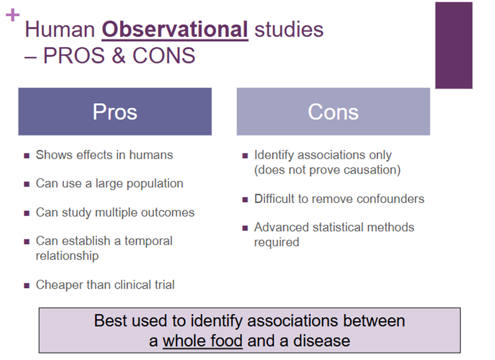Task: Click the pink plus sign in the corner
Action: pyautogui.click(x=13, y=15)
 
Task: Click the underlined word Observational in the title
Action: pyautogui.click(x=175, y=30)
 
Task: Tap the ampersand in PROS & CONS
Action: pyautogui.click(x=118, y=55)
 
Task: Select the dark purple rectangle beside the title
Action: pyautogui.click(x=454, y=45)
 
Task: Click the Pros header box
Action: pyautogui.click(x=115, y=112)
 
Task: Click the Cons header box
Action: pyautogui.click(x=334, y=112)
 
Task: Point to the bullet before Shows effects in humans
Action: pyautogui.click(x=27, y=156)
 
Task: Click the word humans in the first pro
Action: pyautogui.click(x=151, y=155)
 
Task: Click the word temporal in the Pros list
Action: pyautogui.click(x=148, y=242)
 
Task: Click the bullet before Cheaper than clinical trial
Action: pyautogui.click(x=27, y=286)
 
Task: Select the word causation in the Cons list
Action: pyautogui.click(x=372, y=170)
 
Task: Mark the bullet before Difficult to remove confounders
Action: pyautogui.click(x=245, y=200)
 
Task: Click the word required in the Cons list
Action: pyautogui.click(x=277, y=243)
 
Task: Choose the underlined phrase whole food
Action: pyautogui.click(x=203, y=341)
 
